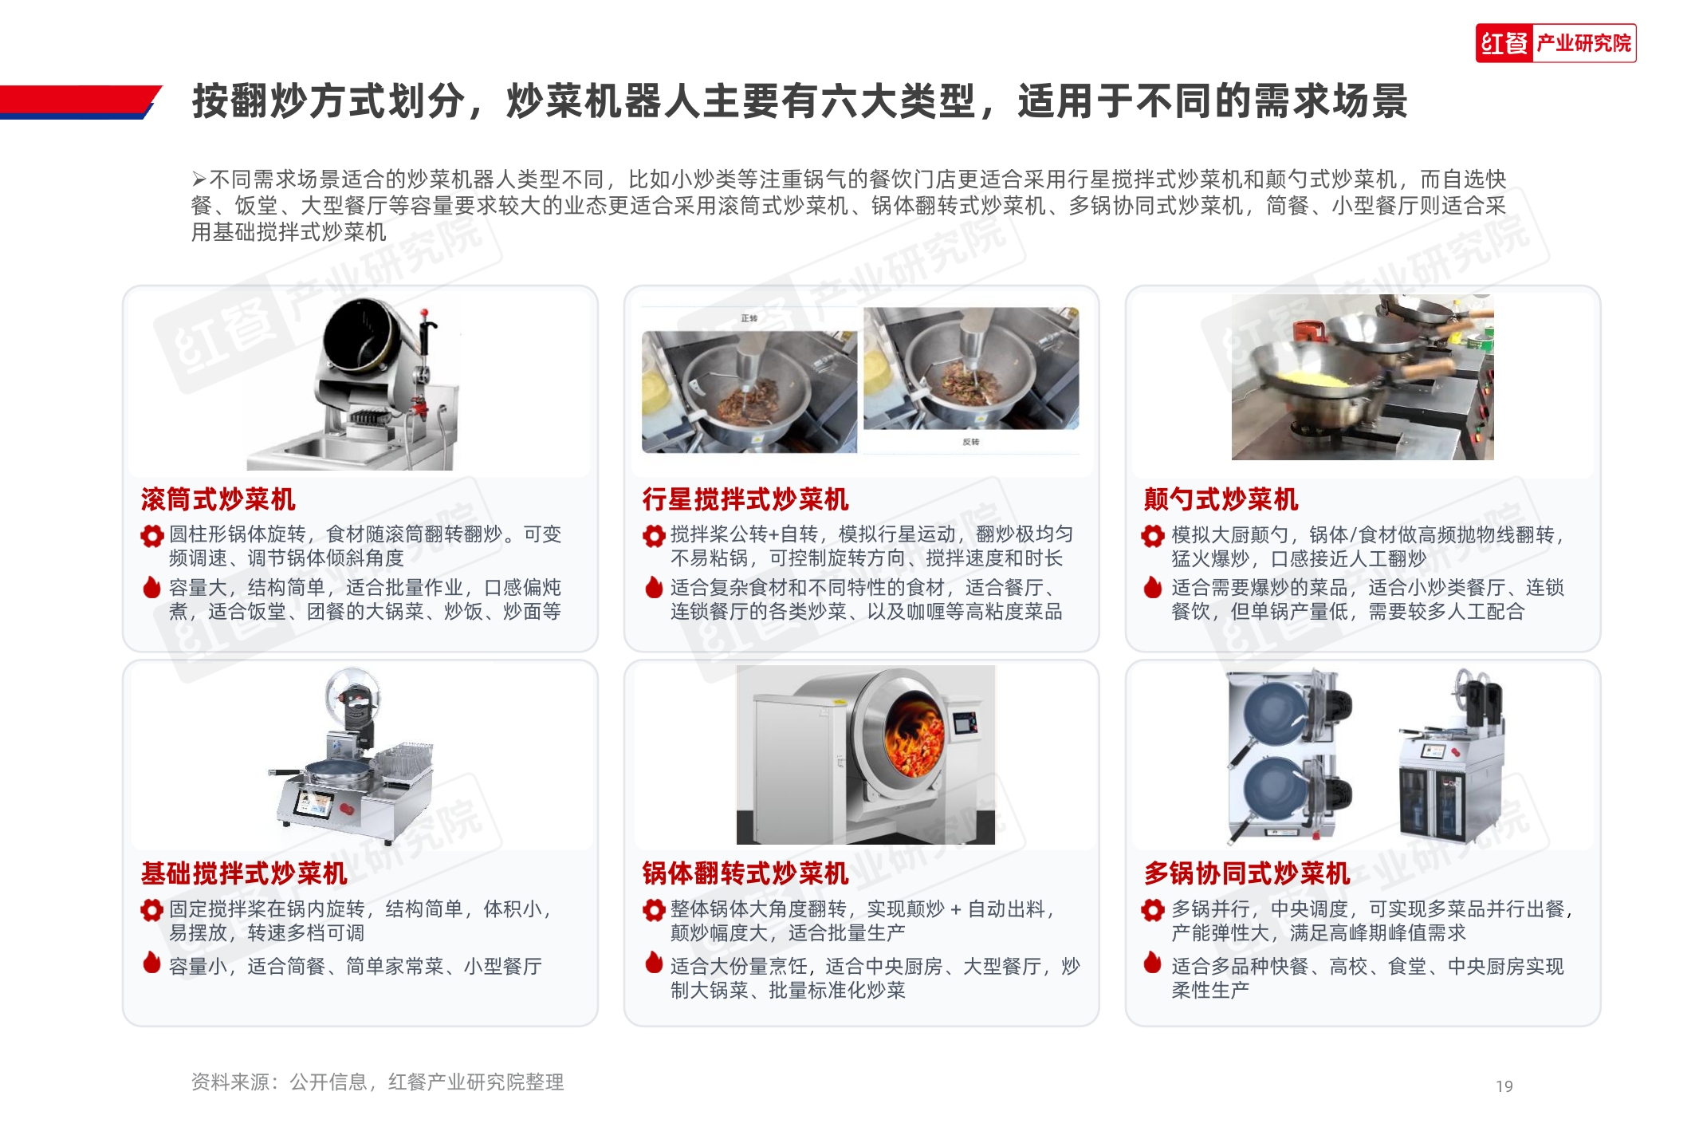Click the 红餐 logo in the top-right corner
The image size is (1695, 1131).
(1555, 43)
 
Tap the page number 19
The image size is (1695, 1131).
(1504, 1086)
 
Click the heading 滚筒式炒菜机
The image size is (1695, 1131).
(218, 499)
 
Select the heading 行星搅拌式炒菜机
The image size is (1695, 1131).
(745, 499)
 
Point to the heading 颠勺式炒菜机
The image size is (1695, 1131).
(1221, 499)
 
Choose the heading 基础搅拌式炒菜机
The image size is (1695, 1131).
(244, 873)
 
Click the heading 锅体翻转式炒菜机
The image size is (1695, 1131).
(745, 873)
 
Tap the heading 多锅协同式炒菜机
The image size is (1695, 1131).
(1247, 873)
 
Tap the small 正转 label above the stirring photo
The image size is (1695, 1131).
(749, 318)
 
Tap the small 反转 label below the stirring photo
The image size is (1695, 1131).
(970, 442)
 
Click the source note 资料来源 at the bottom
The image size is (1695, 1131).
(377, 1082)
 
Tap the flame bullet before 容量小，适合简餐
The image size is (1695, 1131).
(151, 963)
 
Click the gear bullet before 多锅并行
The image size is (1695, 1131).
(1153, 909)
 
